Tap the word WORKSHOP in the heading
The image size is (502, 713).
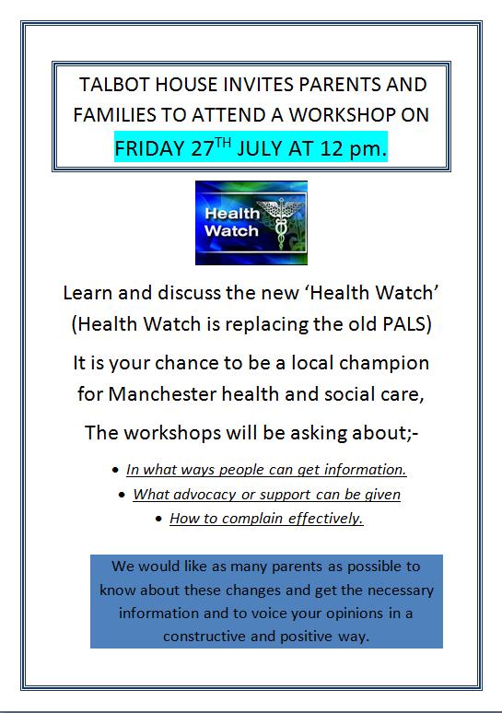(343, 114)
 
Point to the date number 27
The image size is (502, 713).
(203, 148)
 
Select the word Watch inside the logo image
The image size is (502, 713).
(231, 230)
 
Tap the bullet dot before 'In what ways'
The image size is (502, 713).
(115, 470)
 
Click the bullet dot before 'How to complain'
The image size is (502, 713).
(158, 519)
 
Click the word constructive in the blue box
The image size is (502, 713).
(204, 637)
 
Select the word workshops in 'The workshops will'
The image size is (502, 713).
(172, 433)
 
